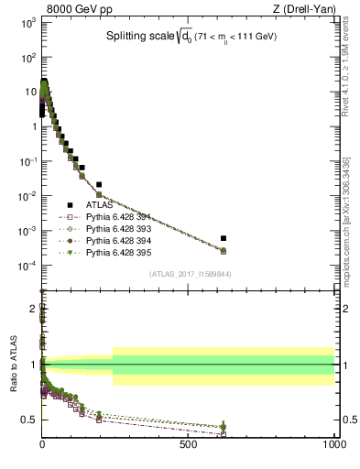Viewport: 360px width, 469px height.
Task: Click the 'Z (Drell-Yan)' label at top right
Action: [x=303, y=8]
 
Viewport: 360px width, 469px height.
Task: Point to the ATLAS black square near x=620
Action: [x=224, y=237]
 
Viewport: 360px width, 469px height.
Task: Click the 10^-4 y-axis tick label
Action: [x=26, y=266]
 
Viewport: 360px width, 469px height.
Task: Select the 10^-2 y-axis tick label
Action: [x=26, y=196]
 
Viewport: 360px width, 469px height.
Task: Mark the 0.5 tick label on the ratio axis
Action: [x=27, y=420]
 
